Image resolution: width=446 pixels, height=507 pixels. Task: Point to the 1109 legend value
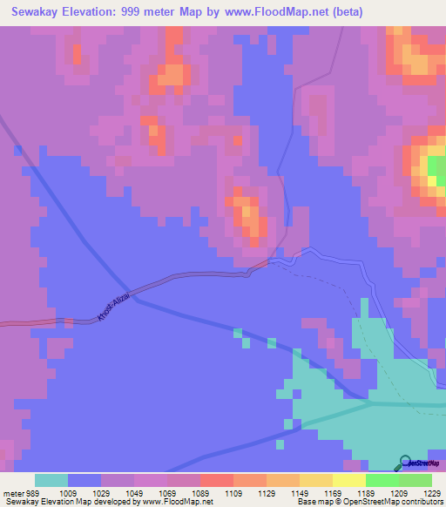(233, 492)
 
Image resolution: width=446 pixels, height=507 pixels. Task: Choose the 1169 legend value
(332, 492)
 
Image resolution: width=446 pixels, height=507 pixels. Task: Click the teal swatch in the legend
(51, 480)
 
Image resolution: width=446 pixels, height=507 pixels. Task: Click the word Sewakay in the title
(37, 12)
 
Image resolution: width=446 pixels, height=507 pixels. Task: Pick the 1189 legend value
(365, 492)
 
